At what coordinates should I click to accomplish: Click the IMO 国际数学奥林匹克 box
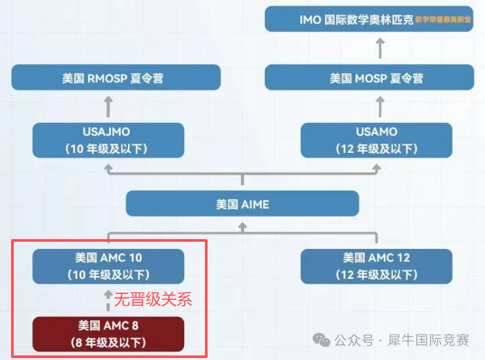(375, 19)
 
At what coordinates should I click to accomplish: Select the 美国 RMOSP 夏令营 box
(116, 78)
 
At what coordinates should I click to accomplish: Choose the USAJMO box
(108, 140)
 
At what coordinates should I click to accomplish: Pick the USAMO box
(377, 140)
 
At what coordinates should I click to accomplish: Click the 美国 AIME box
(242, 204)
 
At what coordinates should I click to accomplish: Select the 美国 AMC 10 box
(108, 266)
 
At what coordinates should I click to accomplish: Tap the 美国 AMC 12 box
(377, 266)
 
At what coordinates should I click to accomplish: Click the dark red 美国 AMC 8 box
(108, 333)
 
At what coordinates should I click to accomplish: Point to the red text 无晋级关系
(153, 300)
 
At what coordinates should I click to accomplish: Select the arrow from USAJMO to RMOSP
(109, 106)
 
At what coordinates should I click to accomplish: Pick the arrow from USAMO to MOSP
(381, 106)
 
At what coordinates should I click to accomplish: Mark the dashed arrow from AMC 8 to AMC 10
(109, 301)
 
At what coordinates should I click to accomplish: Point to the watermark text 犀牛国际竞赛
(428, 340)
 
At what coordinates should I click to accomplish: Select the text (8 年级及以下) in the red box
(108, 342)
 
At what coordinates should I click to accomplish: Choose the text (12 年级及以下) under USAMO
(377, 148)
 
